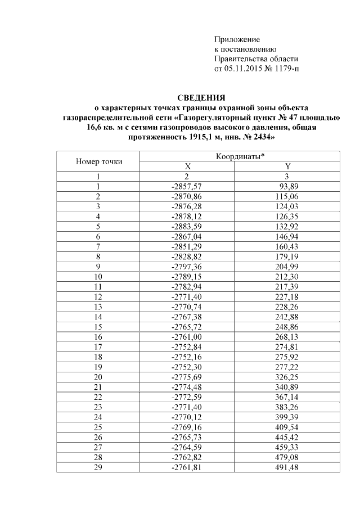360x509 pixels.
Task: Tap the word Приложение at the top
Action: [x=237, y=39]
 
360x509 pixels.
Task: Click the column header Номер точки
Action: [x=98, y=162]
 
